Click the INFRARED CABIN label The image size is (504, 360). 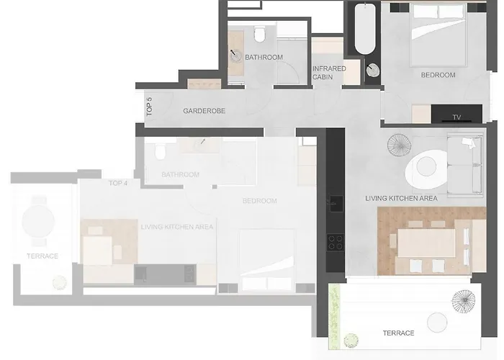click(329, 72)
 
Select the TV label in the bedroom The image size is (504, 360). click(456, 117)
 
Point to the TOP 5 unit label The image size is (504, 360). click(149, 107)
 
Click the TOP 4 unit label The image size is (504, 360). click(118, 184)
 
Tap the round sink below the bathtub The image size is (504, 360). click(373, 71)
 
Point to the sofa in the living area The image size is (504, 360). click(465, 165)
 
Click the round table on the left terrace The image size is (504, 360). click(37, 219)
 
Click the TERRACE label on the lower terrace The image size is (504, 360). click(398, 333)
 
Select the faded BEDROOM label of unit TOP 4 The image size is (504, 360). click(259, 201)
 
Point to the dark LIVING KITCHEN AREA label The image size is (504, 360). click(401, 198)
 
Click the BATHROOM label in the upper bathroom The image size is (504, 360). click(264, 57)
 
